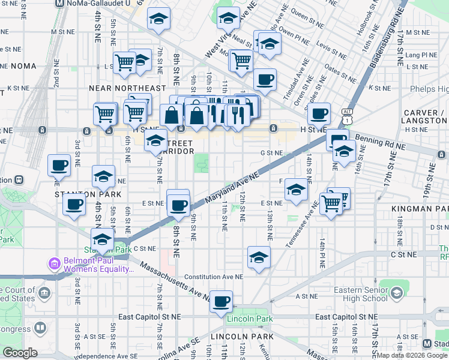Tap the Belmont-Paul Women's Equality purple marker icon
point(55,263)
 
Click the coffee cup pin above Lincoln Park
point(221,301)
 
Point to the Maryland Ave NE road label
point(231,188)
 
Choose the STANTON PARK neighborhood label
point(88,194)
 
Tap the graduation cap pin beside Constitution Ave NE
point(259,257)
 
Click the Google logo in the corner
point(20,353)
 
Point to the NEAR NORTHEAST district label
point(127,88)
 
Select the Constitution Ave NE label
point(214,277)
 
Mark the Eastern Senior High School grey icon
point(396,292)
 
